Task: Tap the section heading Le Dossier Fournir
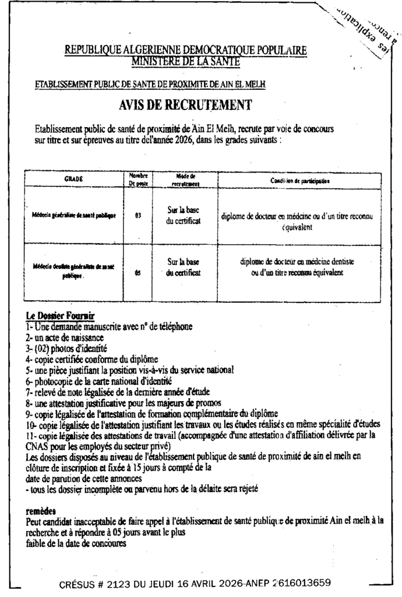coord(56,317)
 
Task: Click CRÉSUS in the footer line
coord(79,582)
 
